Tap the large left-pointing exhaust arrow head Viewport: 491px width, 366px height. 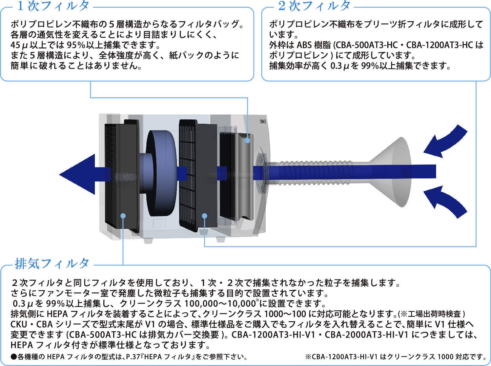coord(78,174)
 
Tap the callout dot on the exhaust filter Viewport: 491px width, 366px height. coord(123,216)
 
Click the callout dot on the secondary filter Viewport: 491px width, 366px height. coord(204,216)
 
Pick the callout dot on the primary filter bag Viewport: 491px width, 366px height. coord(248,140)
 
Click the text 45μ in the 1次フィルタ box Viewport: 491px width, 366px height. coord(21,45)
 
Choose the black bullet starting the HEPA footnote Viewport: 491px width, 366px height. coord(14,357)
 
